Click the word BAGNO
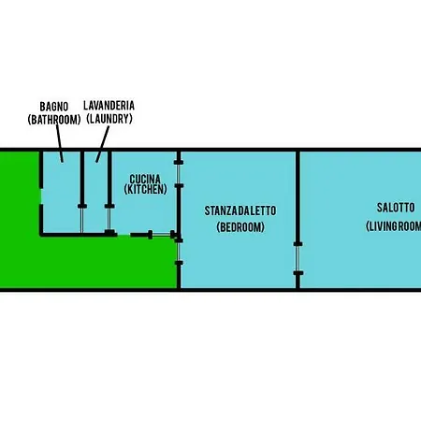[x=54, y=107]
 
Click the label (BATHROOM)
[x=54, y=120]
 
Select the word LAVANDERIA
[x=109, y=106]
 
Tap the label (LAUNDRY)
[x=109, y=119]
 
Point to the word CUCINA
[x=145, y=180]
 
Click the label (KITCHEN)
[x=145, y=189]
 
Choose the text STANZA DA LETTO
[x=240, y=210]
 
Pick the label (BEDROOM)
[x=240, y=226]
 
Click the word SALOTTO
[x=396, y=208]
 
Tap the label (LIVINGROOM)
[x=394, y=226]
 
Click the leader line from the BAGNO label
[x=60, y=143]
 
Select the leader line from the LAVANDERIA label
[x=103, y=144]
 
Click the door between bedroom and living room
[x=298, y=258]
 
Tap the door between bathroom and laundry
[x=82, y=219]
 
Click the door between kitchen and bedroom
[x=179, y=174]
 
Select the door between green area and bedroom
[x=179, y=252]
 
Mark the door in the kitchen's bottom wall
[x=162, y=234]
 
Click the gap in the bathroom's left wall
[x=41, y=196]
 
